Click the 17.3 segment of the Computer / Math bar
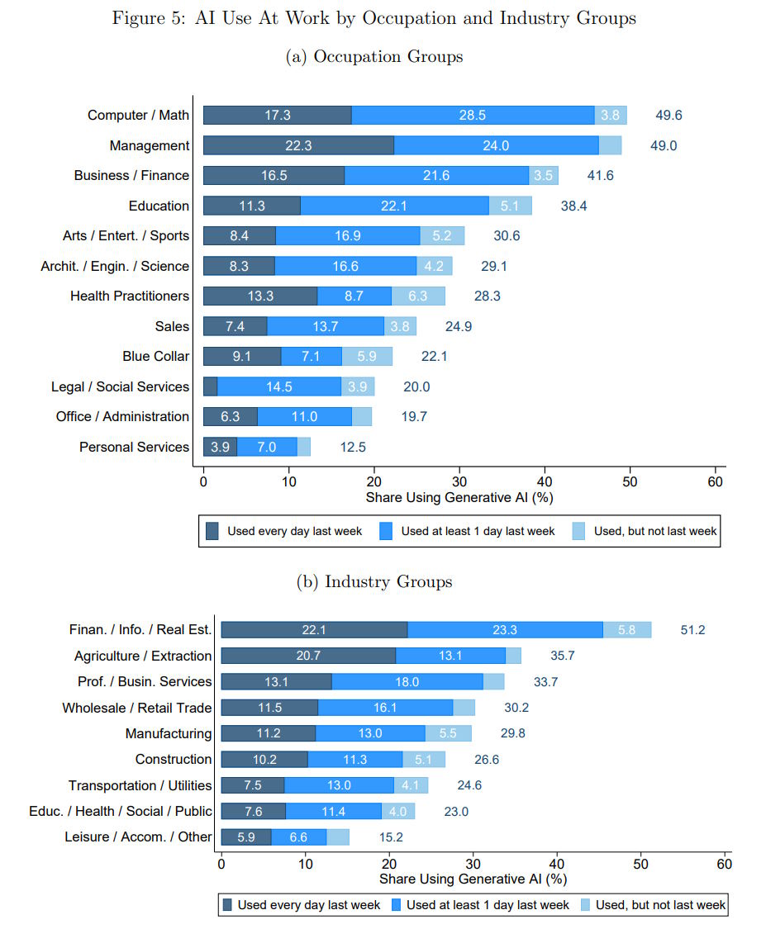tap(278, 116)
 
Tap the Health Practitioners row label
tap(130, 296)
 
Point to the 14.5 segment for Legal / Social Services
tap(279, 386)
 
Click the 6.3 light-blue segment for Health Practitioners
tap(418, 296)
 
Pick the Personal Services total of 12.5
tap(353, 447)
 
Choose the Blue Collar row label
tap(156, 356)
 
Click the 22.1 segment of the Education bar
tap(394, 206)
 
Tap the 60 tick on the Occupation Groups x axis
tap(716, 481)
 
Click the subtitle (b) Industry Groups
tap(374, 581)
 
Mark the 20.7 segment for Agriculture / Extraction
tap(308, 656)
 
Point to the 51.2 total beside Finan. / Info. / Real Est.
tap(692, 630)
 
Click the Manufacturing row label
tap(169, 733)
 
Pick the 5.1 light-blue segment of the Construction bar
tap(423, 759)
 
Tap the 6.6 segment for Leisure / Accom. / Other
tap(298, 837)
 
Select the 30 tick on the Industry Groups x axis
tap(473, 863)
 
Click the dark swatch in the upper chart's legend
tap(213, 531)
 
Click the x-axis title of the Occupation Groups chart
tap(459, 498)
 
